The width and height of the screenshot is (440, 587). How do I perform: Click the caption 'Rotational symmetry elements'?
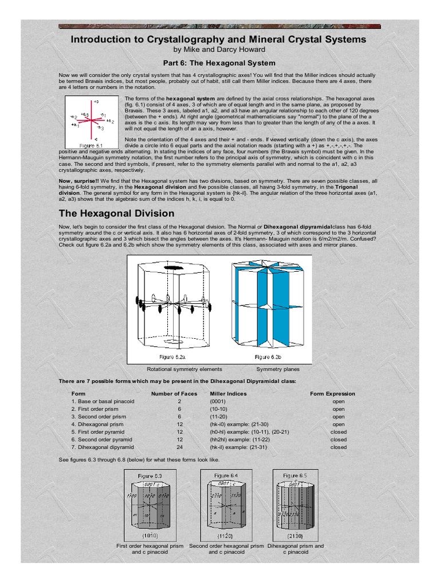[184, 370]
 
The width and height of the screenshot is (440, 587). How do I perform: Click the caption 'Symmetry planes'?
[277, 370]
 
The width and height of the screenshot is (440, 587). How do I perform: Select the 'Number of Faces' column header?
[174, 394]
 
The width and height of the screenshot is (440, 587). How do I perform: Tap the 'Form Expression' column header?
[332, 394]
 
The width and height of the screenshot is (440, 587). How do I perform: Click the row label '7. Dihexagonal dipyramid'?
[103, 447]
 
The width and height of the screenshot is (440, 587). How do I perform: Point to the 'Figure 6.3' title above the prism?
[150, 476]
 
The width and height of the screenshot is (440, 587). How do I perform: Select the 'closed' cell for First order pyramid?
[338, 432]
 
